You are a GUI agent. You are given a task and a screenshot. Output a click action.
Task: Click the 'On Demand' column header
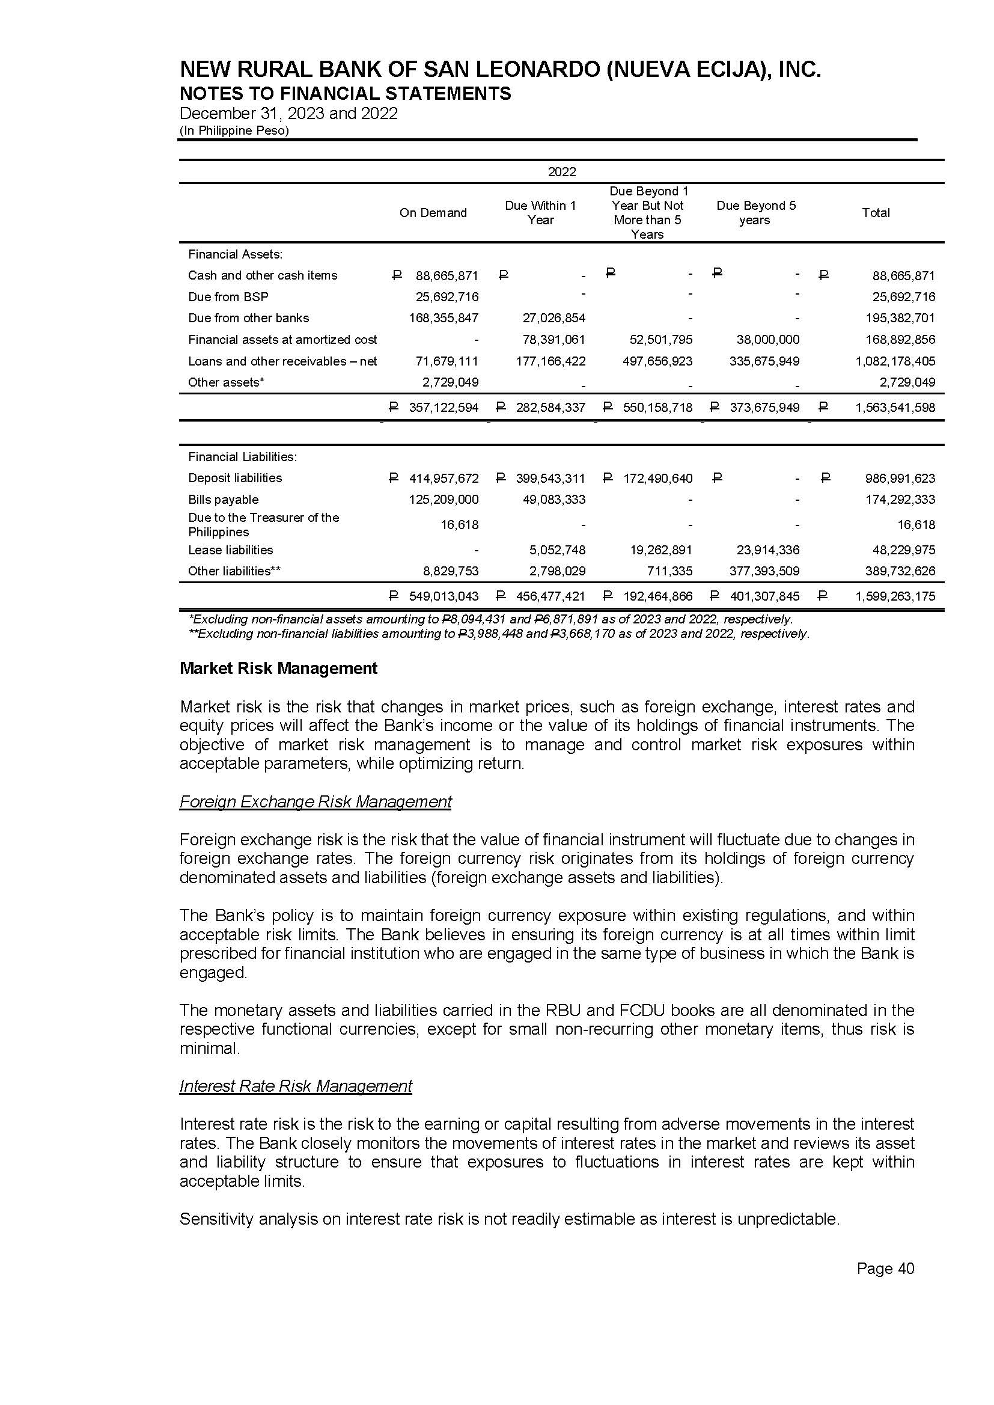point(433,213)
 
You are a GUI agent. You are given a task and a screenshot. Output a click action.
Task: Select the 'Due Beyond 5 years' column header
point(756,213)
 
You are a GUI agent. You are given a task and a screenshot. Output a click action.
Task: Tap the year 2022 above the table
point(561,172)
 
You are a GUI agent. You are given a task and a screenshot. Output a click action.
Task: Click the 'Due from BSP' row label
point(228,297)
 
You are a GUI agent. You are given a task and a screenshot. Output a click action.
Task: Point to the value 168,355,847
point(443,319)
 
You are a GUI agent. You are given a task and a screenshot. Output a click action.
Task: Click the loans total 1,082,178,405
point(895,361)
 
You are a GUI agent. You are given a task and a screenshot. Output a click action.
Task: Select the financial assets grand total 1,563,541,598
point(895,408)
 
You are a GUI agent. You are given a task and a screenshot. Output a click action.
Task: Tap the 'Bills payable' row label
point(223,500)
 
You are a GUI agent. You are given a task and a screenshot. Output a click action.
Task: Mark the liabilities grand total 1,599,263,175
point(895,596)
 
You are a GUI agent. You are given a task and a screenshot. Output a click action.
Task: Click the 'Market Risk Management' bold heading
point(278,669)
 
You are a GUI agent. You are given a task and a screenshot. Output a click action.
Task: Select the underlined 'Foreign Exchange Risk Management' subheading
point(316,802)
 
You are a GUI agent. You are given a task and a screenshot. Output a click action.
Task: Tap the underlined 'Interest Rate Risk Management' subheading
point(296,1086)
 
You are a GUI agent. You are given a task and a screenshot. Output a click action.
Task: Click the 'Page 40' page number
point(885,1269)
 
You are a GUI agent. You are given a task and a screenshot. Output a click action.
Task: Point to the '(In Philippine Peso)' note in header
point(234,130)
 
